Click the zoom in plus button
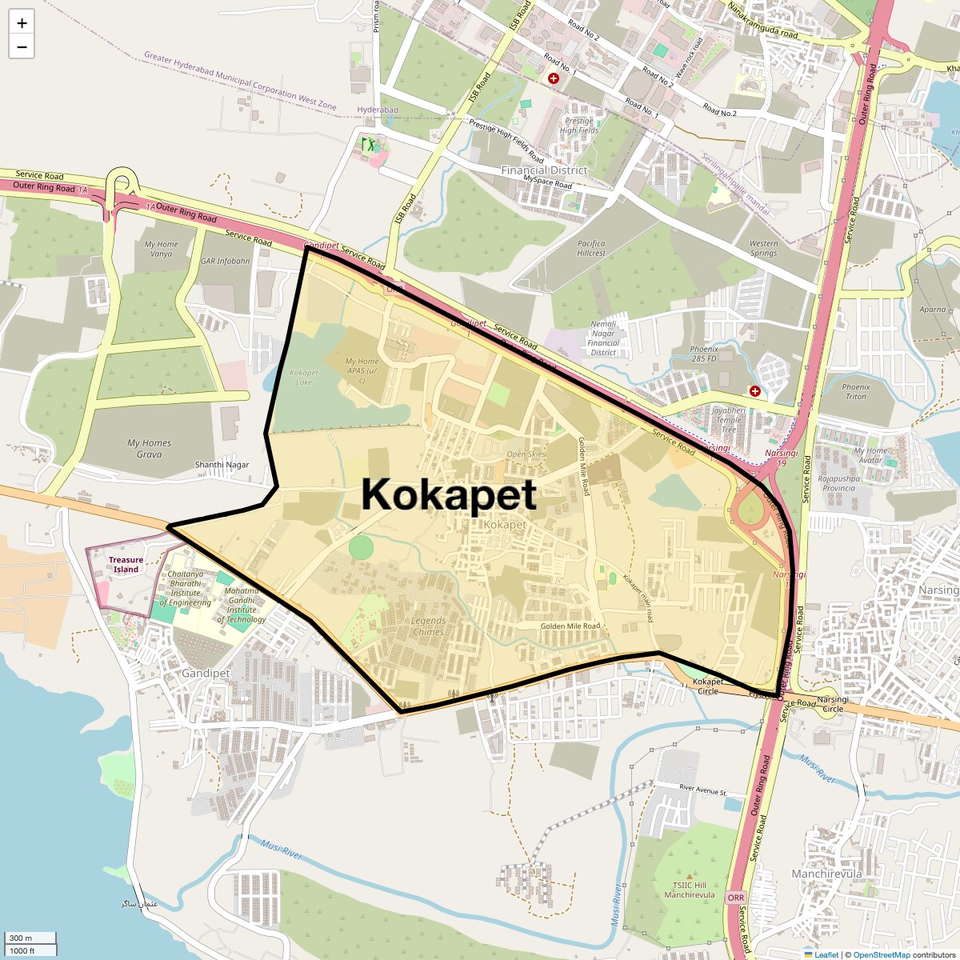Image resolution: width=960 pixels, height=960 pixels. pos(22,23)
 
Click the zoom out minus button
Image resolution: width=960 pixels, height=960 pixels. pos(22,47)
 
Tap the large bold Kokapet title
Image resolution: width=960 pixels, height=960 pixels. pos(448,494)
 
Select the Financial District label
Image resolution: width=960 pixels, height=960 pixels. pos(544,170)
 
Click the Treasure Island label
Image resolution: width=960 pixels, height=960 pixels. pos(126,565)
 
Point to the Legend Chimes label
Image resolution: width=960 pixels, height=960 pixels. pos(428,626)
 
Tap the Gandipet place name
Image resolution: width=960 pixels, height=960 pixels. pos(206,674)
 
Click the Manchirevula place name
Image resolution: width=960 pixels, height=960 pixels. pos(826,874)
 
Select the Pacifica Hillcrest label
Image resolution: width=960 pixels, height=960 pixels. pos(591,248)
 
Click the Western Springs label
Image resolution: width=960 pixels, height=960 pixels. pos(763,248)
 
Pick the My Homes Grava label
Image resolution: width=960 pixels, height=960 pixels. pos(149,448)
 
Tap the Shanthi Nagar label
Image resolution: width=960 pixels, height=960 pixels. pos(222,465)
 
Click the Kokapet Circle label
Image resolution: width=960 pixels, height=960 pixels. pos(708,686)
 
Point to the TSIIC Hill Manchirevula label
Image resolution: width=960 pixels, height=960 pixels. pos(689,890)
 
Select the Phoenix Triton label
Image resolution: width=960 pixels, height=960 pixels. pos(855,391)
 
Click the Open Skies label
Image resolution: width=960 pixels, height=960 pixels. pos(526,454)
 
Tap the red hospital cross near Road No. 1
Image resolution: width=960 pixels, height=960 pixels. pos(553,78)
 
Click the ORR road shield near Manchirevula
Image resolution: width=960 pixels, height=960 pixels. pos(736,898)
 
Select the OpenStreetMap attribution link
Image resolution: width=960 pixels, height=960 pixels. pos(881,954)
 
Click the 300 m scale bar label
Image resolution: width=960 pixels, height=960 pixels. pos(22,938)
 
